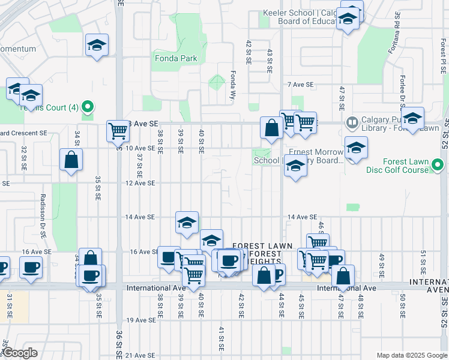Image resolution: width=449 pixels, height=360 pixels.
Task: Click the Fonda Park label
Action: point(176,59)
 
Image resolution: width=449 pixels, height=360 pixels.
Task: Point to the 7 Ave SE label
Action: point(301,85)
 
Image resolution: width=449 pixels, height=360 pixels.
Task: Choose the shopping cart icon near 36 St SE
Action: point(117,131)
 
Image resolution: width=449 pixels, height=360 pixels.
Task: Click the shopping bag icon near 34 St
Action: point(71,160)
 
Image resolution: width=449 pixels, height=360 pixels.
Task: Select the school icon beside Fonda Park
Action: point(96,45)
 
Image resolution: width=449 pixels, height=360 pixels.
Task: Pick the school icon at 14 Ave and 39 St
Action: point(187,222)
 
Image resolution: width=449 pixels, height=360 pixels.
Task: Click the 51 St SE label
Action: point(423,259)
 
